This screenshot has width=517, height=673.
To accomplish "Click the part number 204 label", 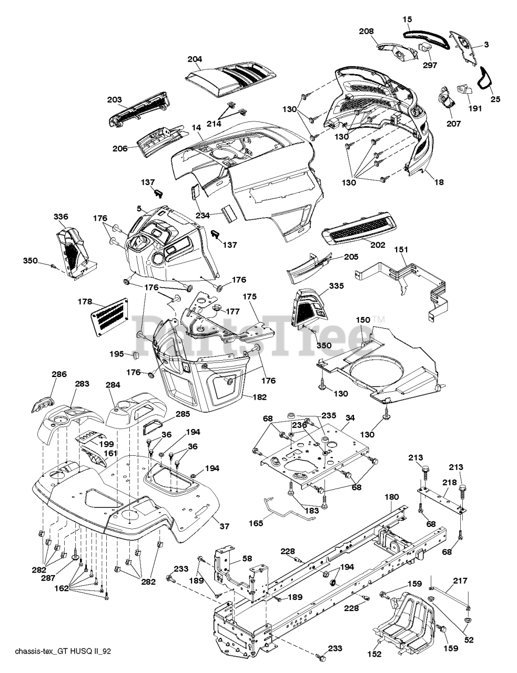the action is [x=195, y=59].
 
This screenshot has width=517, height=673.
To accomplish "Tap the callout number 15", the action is [x=408, y=19].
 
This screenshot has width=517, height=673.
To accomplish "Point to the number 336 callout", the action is [x=60, y=216].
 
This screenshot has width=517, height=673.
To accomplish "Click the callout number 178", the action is [x=85, y=301].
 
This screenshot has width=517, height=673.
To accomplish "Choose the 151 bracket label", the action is [x=401, y=249].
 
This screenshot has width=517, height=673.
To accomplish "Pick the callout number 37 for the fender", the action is [x=225, y=526].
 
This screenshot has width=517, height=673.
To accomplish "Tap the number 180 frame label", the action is [x=392, y=497].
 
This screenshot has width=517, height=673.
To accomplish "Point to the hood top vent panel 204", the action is [x=230, y=80].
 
